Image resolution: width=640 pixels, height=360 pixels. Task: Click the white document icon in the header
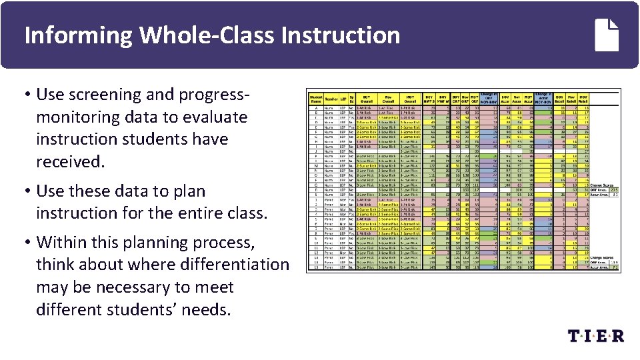coord(609,35)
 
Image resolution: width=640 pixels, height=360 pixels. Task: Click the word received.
coord(68,162)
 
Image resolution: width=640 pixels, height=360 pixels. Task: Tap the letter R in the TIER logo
coord(617,335)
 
